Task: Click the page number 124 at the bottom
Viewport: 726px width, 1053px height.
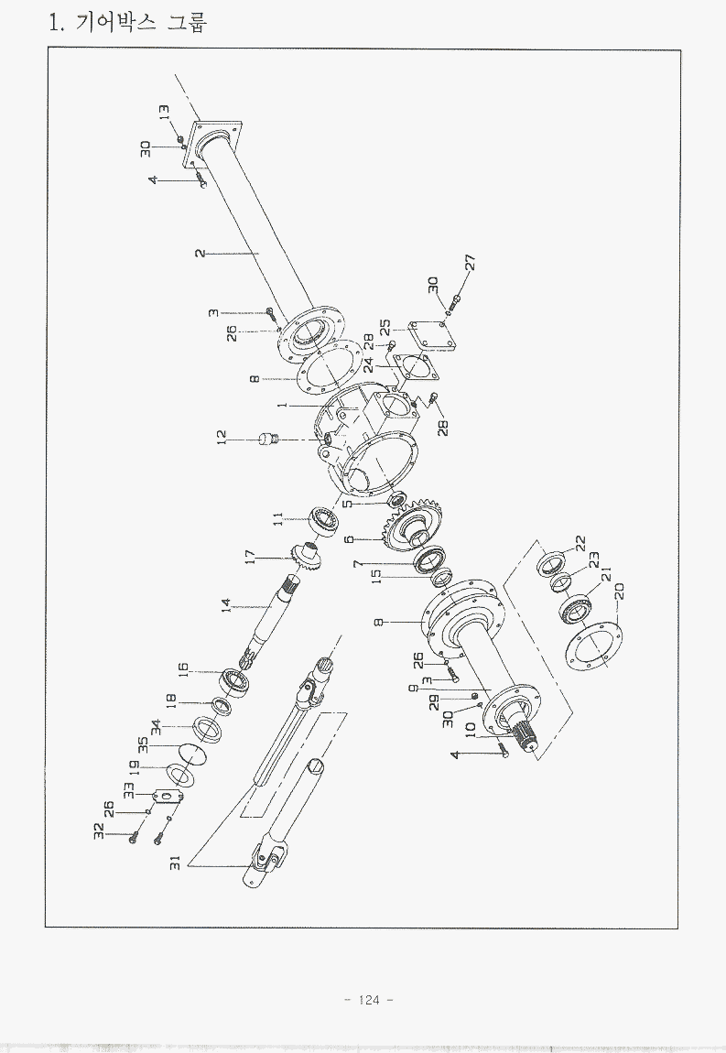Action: click(x=370, y=1000)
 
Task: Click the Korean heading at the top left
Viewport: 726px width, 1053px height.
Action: click(x=127, y=21)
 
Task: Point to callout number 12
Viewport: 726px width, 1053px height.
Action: click(x=222, y=439)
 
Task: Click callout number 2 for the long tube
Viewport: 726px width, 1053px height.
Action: click(x=200, y=252)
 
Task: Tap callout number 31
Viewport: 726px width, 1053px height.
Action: click(x=175, y=863)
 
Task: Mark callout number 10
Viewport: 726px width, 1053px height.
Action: click(x=471, y=730)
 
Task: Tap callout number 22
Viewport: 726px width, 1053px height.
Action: click(x=579, y=543)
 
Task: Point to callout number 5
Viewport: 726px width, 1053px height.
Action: click(x=347, y=503)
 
